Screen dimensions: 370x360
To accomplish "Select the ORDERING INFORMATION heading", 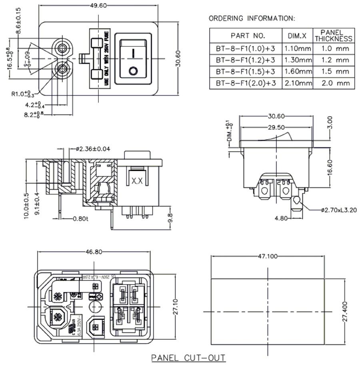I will pyautogui.click(x=252, y=18).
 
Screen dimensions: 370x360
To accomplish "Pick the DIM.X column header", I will pyautogui.click(x=297, y=36).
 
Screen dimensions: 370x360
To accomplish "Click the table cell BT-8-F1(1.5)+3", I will pyautogui.click(x=245, y=72).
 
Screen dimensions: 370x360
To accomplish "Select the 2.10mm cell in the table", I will pyautogui.click(x=297, y=83).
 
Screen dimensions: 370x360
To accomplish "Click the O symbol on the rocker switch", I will pyautogui.click(x=133, y=71).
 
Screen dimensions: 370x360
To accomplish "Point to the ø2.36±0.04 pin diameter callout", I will pyautogui.click(x=93, y=149).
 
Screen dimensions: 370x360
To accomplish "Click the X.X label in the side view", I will pyautogui.click(x=137, y=181).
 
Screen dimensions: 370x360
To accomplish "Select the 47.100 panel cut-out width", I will pyautogui.click(x=267, y=256).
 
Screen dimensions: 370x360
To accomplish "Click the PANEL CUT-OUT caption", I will pyautogui.click(x=188, y=358).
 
